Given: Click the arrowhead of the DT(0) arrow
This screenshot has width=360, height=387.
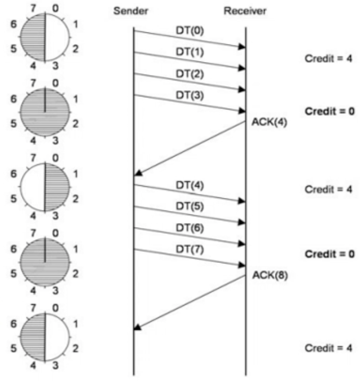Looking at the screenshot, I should [x=242, y=47].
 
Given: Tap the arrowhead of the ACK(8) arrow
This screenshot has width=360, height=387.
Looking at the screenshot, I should [x=138, y=328].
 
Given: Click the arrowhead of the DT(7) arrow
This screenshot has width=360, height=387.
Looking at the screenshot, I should [x=242, y=266].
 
